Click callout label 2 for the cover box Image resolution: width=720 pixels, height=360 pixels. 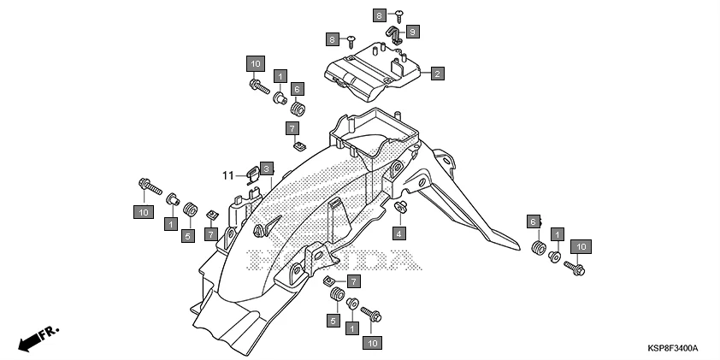point(437,74)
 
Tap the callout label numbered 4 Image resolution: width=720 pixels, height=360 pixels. point(399,233)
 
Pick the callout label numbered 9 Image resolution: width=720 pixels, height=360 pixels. point(413,32)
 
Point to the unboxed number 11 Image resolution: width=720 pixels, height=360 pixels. point(228,175)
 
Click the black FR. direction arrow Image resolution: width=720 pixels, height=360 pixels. point(31,339)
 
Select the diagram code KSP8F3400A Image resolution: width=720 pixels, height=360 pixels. point(672,349)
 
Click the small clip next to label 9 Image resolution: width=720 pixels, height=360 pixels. point(395,35)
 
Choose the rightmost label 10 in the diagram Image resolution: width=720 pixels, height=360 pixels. point(581,246)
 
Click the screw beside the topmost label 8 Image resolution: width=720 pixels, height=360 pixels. point(400,13)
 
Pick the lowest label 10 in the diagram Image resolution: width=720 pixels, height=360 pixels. point(372,342)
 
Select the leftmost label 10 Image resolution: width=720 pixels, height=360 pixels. point(143,211)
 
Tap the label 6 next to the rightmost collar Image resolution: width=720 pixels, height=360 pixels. point(533,222)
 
